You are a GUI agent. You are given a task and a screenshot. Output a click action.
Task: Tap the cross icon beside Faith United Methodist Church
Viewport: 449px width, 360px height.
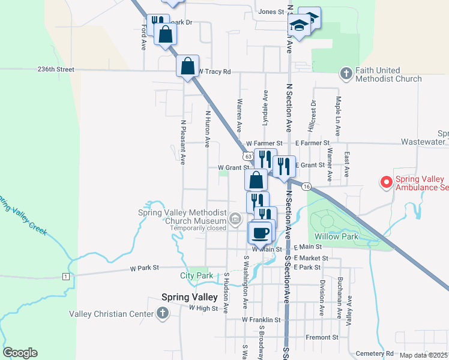pyautogui.click(x=346, y=73)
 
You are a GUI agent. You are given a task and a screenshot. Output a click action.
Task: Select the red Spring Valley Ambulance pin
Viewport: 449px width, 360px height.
pyautogui.click(x=385, y=181)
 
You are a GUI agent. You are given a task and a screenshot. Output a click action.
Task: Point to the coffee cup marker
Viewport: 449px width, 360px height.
pyautogui.click(x=260, y=232)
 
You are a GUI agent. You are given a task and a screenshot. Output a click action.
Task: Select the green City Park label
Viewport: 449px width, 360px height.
pyautogui.click(x=197, y=276)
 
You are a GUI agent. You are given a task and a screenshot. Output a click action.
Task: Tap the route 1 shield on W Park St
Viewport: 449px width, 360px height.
pyautogui.click(x=65, y=276)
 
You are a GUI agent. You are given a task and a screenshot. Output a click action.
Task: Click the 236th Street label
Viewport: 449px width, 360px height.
pyautogui.click(x=55, y=70)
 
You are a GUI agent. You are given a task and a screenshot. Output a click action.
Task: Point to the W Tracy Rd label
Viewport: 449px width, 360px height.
pyautogui.click(x=214, y=72)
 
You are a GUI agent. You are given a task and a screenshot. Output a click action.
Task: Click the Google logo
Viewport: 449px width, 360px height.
pyautogui.click(x=20, y=353)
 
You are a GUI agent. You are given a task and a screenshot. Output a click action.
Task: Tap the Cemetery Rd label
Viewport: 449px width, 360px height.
pyautogui.click(x=374, y=353)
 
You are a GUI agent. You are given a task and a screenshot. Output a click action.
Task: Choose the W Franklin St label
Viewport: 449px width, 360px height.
pyautogui.click(x=261, y=320)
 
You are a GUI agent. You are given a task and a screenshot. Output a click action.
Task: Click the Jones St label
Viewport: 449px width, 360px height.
pyautogui.click(x=271, y=11)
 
